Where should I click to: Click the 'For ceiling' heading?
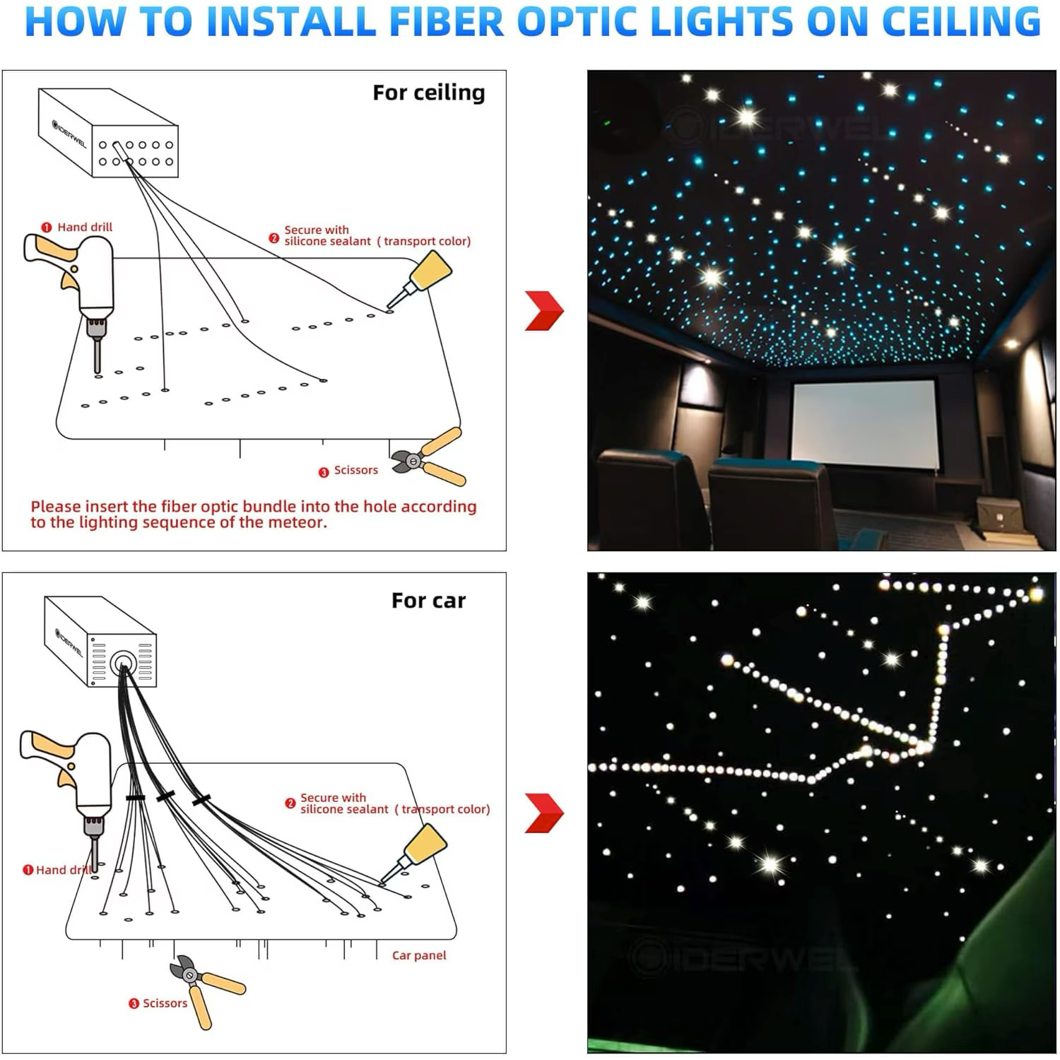[x=428, y=93]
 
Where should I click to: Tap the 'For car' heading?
[x=428, y=601]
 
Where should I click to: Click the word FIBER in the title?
[x=447, y=21]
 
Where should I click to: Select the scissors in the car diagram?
[x=205, y=989]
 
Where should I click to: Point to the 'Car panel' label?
[x=419, y=955]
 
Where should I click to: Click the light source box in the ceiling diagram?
[x=108, y=132]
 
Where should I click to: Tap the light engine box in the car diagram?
[x=100, y=642]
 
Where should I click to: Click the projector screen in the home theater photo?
[x=865, y=424]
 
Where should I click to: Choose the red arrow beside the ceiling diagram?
[x=544, y=310]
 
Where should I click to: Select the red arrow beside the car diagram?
[x=544, y=813]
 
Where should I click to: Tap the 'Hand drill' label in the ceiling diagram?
[x=85, y=227]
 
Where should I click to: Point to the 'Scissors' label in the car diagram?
[x=165, y=1003]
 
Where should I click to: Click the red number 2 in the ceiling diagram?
[x=274, y=238]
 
